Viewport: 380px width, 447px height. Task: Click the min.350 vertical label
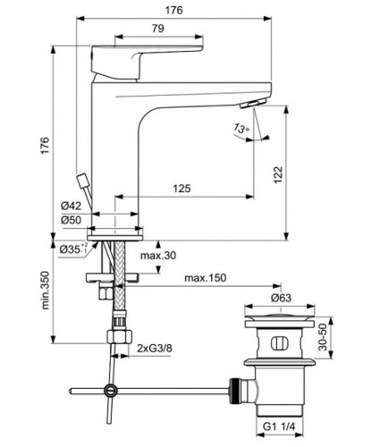click(43, 295)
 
